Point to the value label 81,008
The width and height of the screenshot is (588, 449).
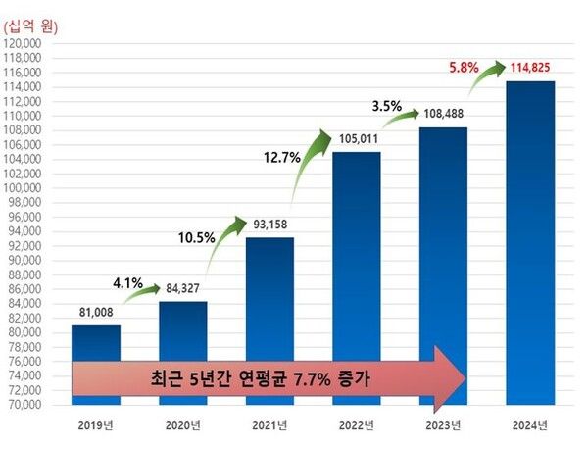click(96, 314)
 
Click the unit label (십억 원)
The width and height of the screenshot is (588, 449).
click(32, 26)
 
